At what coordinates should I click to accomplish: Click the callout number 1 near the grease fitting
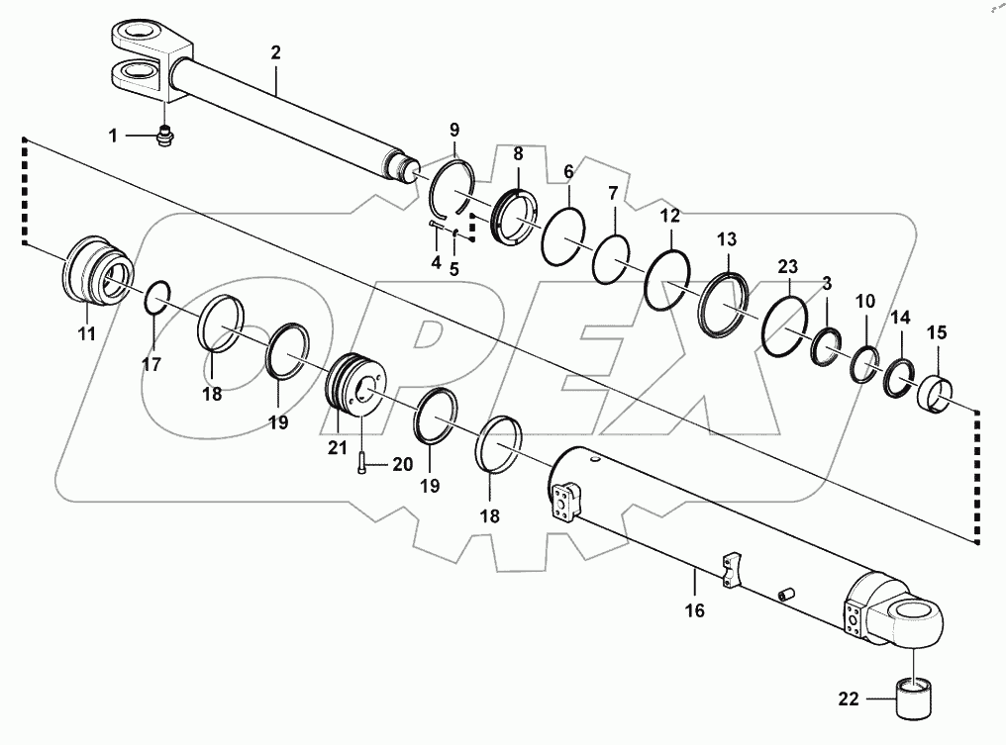[113, 136]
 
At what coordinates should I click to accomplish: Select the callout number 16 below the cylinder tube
[694, 610]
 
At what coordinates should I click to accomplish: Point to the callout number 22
[848, 699]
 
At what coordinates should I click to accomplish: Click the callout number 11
[87, 334]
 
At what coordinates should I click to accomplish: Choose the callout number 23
[787, 266]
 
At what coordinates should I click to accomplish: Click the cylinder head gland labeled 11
[95, 272]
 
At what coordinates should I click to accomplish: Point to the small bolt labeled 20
[361, 461]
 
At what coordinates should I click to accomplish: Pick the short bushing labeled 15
[936, 394]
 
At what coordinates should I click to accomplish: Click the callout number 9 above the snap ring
[454, 130]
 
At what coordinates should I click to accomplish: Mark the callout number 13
[728, 238]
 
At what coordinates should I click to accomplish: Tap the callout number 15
[937, 333]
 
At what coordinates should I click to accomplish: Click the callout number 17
[151, 363]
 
